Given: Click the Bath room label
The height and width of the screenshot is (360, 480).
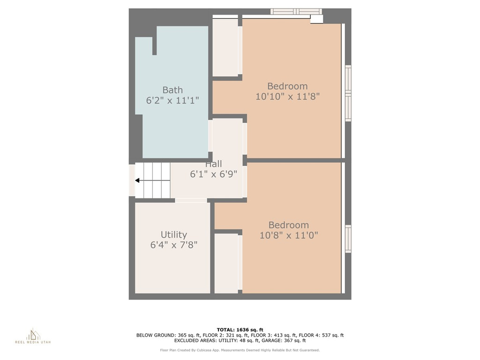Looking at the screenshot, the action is coord(172,90).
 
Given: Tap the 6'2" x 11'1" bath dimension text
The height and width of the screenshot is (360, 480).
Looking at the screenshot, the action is coord(172,100).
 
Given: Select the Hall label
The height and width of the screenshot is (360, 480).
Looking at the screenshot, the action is coord(213,164).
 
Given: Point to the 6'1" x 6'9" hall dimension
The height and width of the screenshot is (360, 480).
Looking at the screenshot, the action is coord(213,174).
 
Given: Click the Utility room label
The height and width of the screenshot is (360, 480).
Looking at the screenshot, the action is coord(174,235).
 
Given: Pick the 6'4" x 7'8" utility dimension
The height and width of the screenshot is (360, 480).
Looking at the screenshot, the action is coord(174,245).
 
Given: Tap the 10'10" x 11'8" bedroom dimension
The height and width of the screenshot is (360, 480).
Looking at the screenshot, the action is coord(287,97).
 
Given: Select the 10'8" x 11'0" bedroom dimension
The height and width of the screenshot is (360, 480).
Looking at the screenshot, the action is coord(289,235).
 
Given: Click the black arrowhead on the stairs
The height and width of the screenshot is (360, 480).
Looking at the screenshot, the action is coord(137,180).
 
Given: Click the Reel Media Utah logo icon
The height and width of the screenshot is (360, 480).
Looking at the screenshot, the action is coord(33,334).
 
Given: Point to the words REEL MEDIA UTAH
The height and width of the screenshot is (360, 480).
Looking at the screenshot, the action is coord(33,342).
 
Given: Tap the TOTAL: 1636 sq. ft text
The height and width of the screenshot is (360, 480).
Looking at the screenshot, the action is coord(240,330).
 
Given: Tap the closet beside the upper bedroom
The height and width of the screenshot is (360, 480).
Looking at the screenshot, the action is coord(225,47).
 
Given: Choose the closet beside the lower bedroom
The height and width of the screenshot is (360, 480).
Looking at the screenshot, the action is coord(226,263).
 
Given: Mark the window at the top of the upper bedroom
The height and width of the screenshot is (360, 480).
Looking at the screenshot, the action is coord(296,12).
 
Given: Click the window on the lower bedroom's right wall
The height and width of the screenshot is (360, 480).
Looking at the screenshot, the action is coord(348,239).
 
